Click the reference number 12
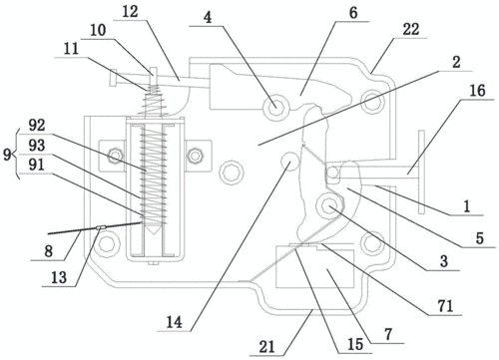130,12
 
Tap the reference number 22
411,29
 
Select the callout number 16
477,90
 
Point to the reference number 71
445,305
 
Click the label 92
37,126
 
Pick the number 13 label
59,277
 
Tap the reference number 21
267,347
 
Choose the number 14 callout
175,322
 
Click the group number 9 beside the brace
7,155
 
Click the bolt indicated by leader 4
275,107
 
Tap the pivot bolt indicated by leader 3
329,205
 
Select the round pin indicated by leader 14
289,161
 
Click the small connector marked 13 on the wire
101,227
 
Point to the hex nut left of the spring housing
115,156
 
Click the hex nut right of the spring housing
195,156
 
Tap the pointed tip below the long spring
153,230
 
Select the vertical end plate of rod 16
421,172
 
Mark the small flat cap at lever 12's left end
113,77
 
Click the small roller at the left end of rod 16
332,173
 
